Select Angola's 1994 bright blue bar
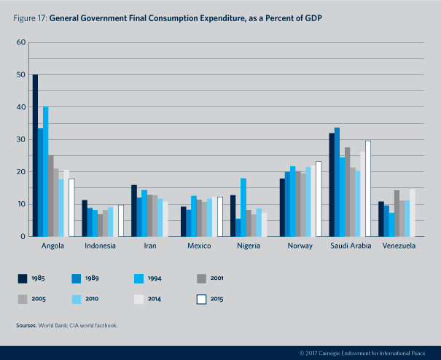(45, 171)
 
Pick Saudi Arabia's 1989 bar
(337, 182)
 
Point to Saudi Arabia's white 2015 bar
(367, 189)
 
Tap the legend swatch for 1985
(23, 278)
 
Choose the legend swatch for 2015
(201, 299)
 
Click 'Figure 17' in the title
(28, 15)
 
